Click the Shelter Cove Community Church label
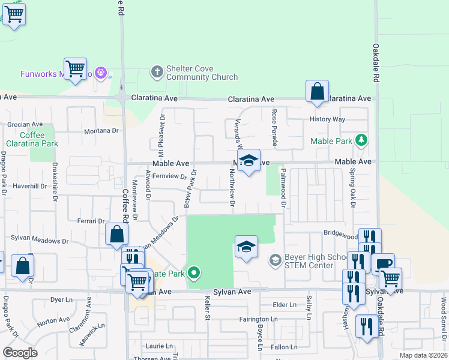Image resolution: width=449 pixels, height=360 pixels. pos(193,73)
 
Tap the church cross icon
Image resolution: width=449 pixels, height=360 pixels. pos(157,72)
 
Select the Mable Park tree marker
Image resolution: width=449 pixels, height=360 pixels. pos(361,141)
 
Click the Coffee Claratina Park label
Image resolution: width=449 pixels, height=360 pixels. pos(32,140)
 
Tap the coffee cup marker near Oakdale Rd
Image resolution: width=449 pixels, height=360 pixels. pos(383,263)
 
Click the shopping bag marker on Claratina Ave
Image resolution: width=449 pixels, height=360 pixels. pos(317,92)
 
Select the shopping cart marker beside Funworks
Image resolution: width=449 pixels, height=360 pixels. pos(76,68)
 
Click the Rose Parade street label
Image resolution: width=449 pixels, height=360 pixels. pos(274,128)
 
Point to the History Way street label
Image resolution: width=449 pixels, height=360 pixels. pos(327,119)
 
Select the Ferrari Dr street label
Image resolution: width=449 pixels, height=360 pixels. pos(91,221)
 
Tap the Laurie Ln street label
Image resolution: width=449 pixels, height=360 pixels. pos(159,346)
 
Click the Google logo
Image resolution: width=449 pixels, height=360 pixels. pos(20,353)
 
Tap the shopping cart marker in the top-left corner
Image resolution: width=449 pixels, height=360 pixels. pos(13,13)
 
